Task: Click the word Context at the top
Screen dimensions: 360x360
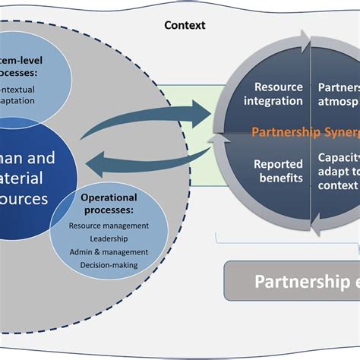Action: coord(185,25)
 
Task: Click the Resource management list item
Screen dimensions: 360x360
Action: coord(109,226)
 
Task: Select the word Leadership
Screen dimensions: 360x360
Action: coord(109,238)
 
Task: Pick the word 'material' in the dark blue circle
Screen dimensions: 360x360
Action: coord(27,179)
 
